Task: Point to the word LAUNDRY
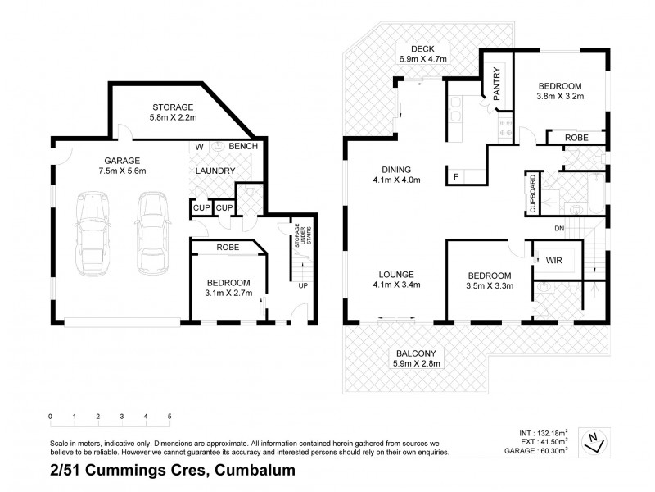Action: pos(215,171)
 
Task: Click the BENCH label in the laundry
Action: pos(243,146)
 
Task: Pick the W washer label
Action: pos(199,147)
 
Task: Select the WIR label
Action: pos(553,260)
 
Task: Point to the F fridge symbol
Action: pos(456,175)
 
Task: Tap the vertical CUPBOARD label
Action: pos(533,193)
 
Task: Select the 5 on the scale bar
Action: pos(169,417)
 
